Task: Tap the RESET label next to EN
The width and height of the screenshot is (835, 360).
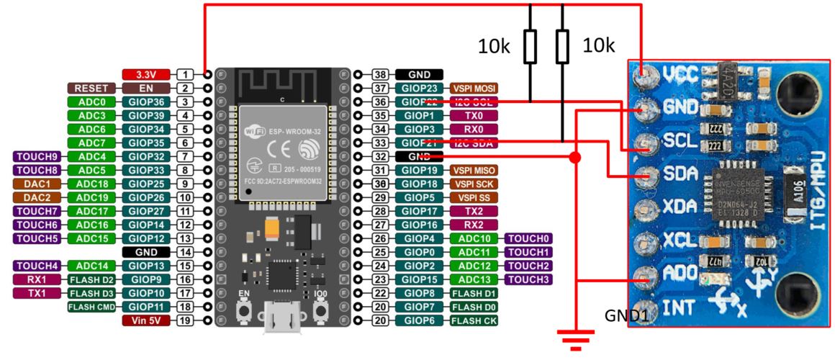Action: (91, 88)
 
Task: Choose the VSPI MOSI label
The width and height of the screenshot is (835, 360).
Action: (474, 88)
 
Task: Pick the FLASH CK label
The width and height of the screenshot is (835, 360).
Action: (474, 320)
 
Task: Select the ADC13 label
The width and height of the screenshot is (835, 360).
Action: (474, 279)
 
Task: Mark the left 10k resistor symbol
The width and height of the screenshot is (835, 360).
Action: (531, 47)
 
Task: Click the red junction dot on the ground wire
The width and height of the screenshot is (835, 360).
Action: (574, 157)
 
